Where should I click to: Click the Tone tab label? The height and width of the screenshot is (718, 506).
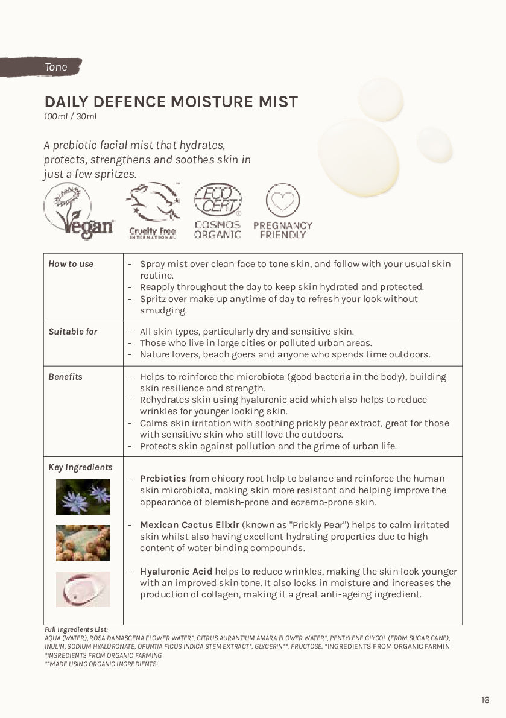[x=56, y=67]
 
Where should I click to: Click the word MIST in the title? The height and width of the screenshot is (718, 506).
[x=276, y=102]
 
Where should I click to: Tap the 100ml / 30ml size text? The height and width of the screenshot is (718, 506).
[x=70, y=116]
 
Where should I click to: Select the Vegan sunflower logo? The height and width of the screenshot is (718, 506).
[x=78, y=211]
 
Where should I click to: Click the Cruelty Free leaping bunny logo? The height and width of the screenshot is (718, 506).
[x=153, y=211]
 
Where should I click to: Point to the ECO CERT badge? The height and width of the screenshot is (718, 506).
[x=218, y=201]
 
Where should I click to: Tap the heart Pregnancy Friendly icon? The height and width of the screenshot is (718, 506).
[x=283, y=201]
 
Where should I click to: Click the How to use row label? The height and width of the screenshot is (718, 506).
[x=71, y=264]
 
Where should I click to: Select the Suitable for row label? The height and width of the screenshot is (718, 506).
[x=73, y=332]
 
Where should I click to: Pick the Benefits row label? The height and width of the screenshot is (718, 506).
[x=66, y=377]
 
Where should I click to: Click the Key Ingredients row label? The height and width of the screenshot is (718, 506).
[x=80, y=467]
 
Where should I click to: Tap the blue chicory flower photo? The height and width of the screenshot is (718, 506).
[x=83, y=497]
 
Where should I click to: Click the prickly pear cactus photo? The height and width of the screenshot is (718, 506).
[x=83, y=543]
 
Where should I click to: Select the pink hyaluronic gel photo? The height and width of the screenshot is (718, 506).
[x=83, y=589]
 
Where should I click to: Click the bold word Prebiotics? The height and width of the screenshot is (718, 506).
[x=163, y=479]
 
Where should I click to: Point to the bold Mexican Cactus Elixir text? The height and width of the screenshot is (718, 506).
[x=189, y=525]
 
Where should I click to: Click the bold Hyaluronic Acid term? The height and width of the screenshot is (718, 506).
[x=176, y=572]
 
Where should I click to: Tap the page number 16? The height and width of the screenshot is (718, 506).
[x=485, y=700]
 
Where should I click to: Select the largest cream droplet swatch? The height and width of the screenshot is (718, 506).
[x=359, y=157]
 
